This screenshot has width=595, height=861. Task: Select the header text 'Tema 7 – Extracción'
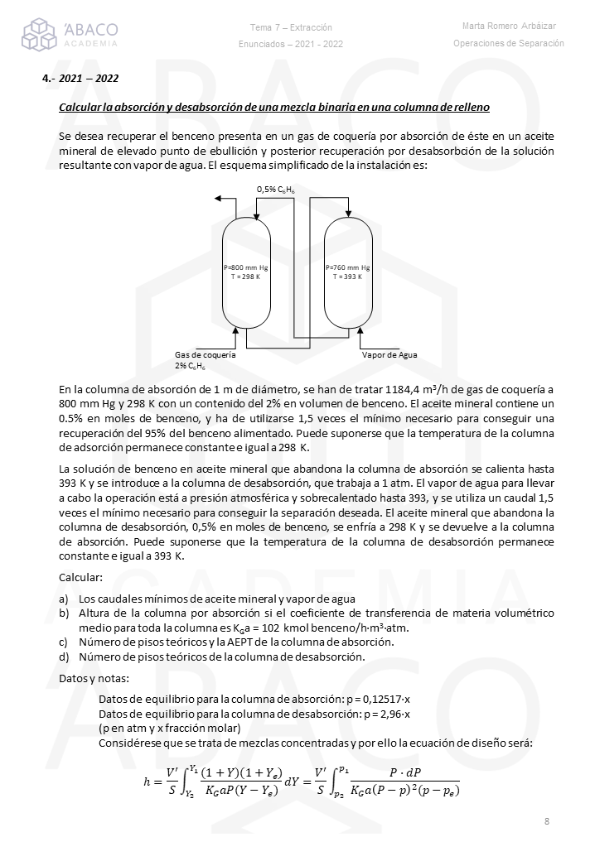tap(291, 27)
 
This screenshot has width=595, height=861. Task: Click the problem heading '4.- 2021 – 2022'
tap(80, 79)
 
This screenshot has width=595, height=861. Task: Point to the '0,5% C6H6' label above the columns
tap(278, 190)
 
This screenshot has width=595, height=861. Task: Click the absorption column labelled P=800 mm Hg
tap(246, 273)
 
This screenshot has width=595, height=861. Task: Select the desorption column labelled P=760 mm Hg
tap(348, 273)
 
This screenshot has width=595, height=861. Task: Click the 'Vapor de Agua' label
tap(389, 354)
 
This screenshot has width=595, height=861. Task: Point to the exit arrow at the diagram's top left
tap(219, 200)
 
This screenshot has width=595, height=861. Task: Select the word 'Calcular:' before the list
tap(81, 576)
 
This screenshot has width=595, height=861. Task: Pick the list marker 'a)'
tap(64, 599)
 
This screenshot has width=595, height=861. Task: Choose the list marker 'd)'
tap(64, 657)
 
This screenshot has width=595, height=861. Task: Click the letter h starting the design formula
tap(148, 780)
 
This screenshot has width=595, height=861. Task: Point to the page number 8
tap(547, 821)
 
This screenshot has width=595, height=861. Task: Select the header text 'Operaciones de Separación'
tap(509, 43)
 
